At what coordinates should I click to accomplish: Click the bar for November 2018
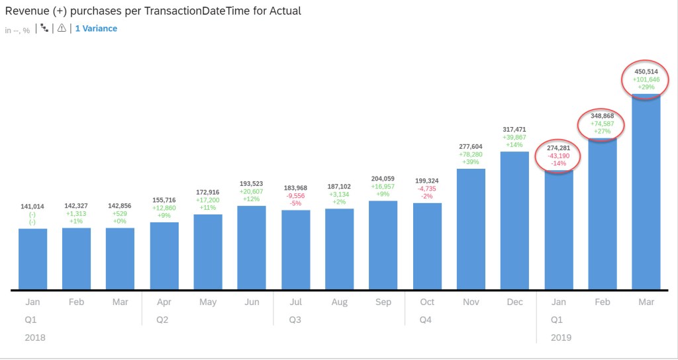471,229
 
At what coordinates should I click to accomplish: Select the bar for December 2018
514,220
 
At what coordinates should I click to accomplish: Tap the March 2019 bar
646,192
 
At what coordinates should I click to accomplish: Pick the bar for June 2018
252,247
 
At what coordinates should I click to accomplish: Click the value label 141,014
32,207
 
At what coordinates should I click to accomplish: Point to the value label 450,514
646,71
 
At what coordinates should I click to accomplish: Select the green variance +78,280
471,154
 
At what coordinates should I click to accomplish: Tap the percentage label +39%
471,161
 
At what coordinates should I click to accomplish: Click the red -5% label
295,203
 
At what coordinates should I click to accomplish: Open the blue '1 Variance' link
96,29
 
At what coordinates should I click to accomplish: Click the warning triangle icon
62,29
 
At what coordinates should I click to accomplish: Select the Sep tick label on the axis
383,302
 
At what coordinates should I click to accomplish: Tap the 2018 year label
34,337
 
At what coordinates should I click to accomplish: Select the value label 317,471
514,129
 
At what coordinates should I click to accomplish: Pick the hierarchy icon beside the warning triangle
45,29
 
